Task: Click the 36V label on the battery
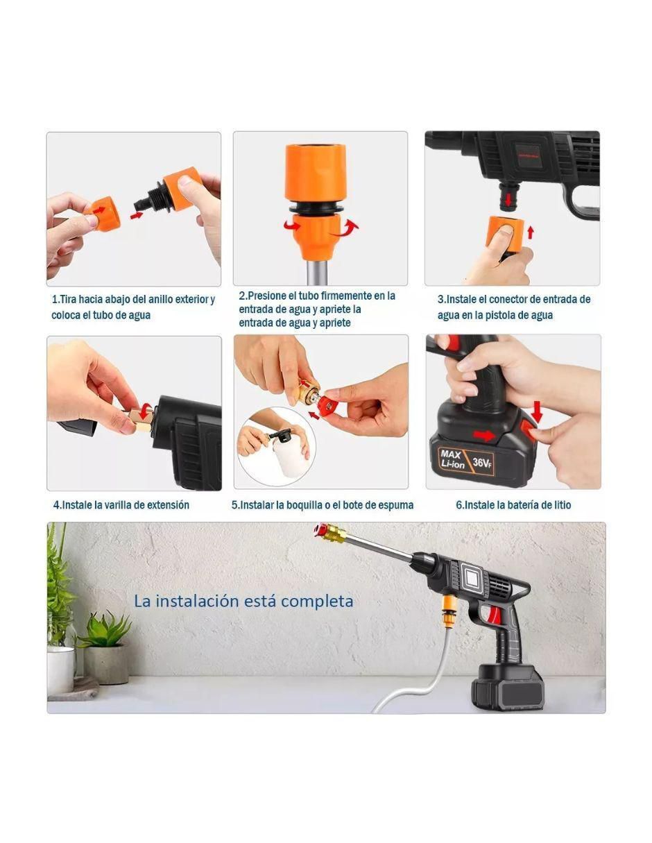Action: tap(482, 462)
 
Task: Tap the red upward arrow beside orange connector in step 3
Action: tap(531, 232)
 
